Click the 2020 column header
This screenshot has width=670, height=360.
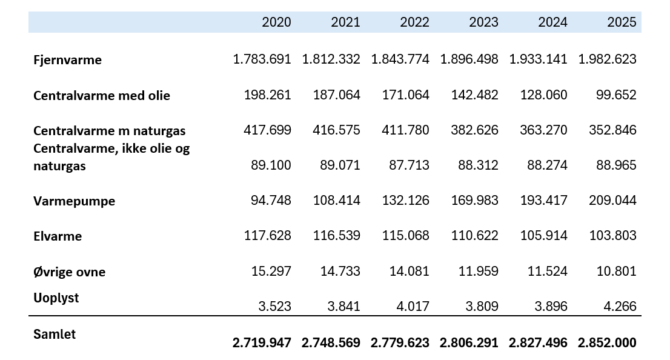(276, 22)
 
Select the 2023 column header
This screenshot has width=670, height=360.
(483, 22)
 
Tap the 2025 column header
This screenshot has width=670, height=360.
(622, 22)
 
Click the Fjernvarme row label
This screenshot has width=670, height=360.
(67, 60)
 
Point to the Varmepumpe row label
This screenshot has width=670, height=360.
(75, 201)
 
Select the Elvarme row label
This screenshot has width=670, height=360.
(58, 236)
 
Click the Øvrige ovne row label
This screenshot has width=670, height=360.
(69, 272)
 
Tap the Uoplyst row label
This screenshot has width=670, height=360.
(56, 298)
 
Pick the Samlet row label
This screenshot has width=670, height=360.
(55, 334)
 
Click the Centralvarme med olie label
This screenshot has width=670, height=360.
(102, 95)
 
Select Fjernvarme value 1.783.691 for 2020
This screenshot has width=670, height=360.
(262, 59)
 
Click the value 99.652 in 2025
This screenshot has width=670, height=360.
(616, 95)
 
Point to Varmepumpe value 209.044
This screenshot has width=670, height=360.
(612, 200)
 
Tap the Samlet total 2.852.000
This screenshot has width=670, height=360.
(607, 342)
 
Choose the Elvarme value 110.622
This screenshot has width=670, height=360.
(475, 235)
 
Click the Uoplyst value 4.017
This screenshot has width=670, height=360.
(413, 306)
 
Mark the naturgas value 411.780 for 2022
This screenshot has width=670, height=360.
(405, 130)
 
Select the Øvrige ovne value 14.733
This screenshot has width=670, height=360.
(340, 271)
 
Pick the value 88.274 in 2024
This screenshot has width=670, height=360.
(548, 165)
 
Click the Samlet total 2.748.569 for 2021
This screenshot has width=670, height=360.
(331, 342)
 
